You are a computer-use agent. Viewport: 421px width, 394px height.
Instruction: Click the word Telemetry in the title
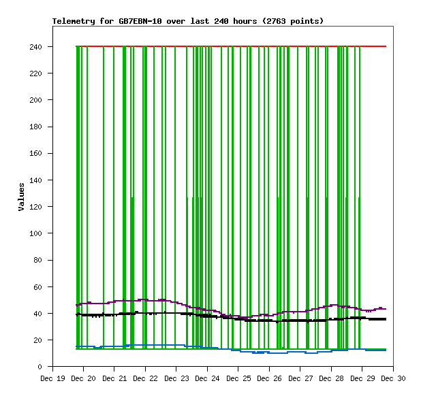(73, 21)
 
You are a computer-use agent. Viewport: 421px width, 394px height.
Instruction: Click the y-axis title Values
(21, 197)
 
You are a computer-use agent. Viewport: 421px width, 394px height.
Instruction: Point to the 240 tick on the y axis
(36, 47)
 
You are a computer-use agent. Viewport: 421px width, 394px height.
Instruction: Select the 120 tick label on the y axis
(36, 207)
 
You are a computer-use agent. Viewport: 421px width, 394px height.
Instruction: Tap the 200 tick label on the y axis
(36, 100)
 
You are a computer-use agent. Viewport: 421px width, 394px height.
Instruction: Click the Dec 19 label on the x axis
(52, 378)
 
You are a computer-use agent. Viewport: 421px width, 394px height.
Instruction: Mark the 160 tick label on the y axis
(36, 154)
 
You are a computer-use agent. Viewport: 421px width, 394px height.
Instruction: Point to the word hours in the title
(245, 21)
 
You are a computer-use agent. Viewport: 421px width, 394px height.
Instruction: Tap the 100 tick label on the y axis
(36, 233)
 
